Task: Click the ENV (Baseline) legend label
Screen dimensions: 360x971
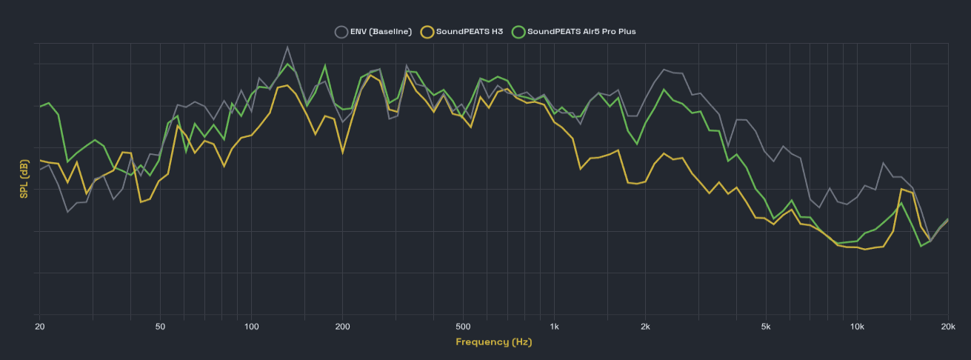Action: pos(381,32)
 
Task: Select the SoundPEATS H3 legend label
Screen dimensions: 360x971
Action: pos(469,32)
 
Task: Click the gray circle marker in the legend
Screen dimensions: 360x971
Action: pos(341,32)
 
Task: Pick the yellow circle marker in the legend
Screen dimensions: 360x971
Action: pos(427,32)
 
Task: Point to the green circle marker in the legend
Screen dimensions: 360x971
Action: pos(518,32)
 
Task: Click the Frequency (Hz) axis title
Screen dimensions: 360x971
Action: pos(493,342)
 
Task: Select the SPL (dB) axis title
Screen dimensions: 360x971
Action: pos(24,179)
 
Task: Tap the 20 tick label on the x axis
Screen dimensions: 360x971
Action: pos(39,326)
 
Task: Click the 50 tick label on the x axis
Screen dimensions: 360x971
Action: pos(160,326)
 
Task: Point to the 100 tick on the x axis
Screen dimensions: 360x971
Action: pos(251,326)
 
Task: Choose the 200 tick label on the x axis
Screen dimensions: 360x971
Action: pos(342,326)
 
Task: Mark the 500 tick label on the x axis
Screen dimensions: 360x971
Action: pos(463,326)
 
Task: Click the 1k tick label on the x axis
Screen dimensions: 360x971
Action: pos(555,326)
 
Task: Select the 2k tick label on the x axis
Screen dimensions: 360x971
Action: pos(646,326)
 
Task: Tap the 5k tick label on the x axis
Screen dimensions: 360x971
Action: pos(766,326)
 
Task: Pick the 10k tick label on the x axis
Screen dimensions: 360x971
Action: pos(857,326)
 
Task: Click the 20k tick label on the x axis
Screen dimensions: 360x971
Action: pos(947,326)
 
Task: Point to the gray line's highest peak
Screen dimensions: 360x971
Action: pos(287,47)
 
